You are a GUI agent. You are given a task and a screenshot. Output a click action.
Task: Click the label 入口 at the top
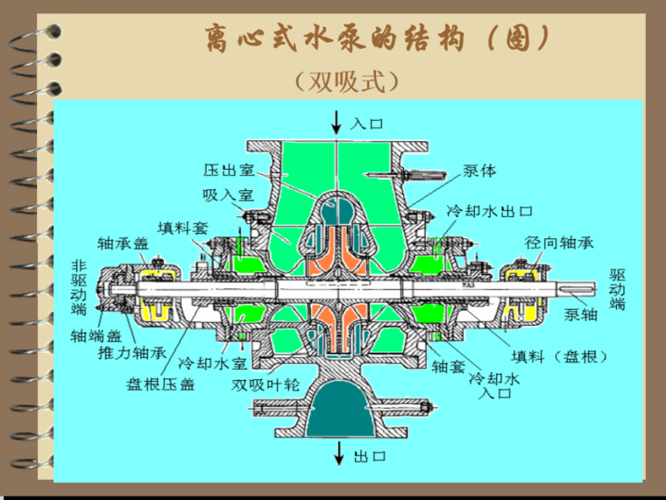coord(367,123)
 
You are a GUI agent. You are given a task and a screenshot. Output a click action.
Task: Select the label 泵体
coord(479,171)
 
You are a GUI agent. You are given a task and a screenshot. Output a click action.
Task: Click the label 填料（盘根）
coord(559,357)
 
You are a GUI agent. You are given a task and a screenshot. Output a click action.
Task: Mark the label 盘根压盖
coord(161,384)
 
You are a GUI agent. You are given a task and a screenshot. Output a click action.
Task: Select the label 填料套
coord(183,227)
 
